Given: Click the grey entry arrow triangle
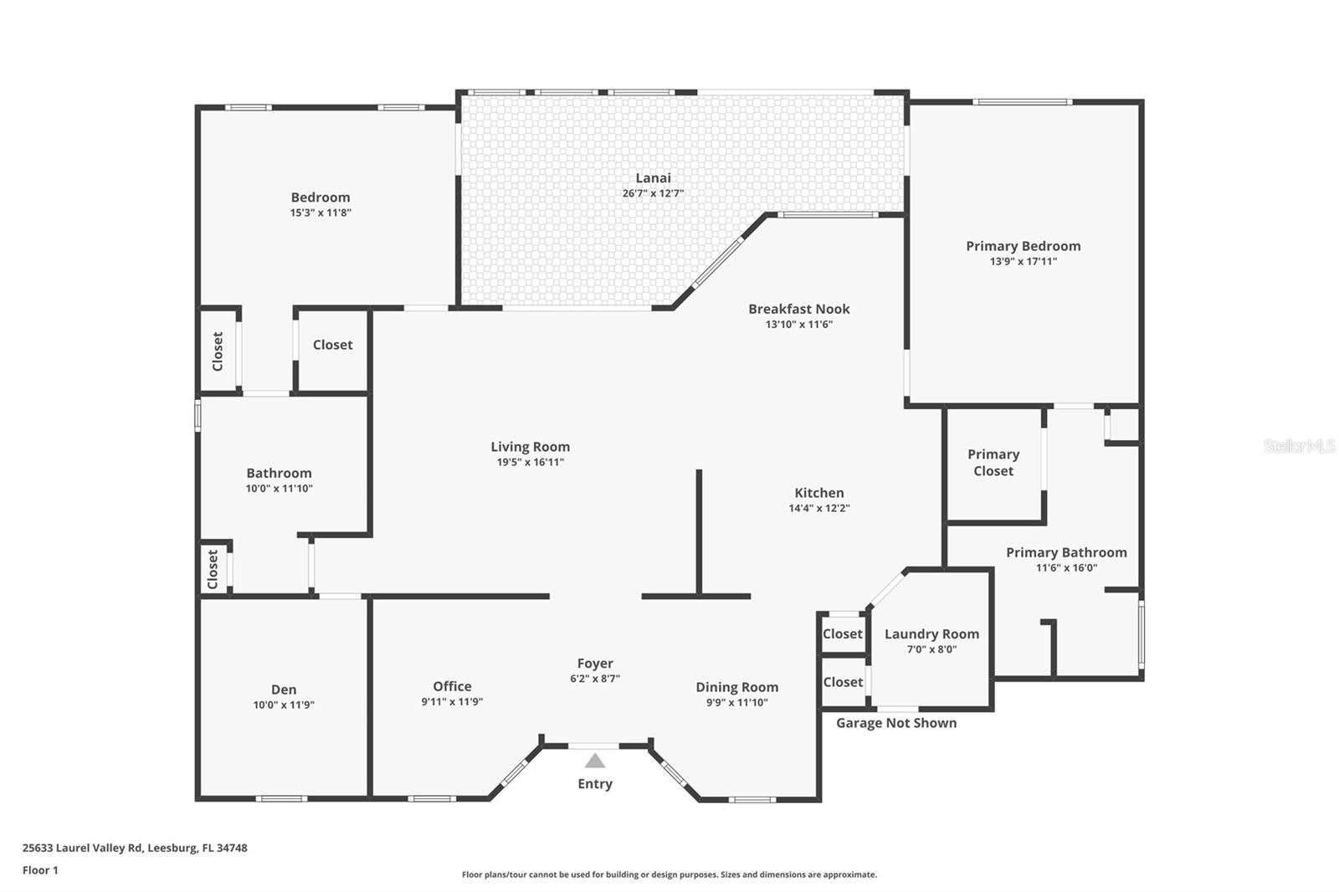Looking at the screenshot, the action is coord(595,761).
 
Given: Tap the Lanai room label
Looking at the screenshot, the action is coord(653,178).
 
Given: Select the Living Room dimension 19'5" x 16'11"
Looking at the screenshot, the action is coord(531,462).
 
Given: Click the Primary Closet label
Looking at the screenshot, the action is coord(993,463).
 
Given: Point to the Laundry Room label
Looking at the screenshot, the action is coord(932,634).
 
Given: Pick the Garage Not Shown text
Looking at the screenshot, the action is coord(896,724).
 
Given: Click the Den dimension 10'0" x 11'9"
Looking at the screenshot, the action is coord(284,705).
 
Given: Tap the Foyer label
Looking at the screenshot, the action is coord(595,664).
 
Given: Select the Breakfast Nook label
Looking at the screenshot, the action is coord(799,309).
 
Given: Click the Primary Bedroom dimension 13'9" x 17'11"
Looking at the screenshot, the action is coord(1023,261).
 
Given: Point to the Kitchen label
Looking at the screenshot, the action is coord(819,493).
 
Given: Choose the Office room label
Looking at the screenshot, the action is coord(452,686).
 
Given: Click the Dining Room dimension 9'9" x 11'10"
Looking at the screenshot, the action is coord(737,703).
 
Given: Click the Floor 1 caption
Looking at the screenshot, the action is coord(41,870).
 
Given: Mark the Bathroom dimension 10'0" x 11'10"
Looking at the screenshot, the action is coord(280,489).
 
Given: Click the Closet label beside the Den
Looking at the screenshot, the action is coord(213,570).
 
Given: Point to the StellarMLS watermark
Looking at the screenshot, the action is coord(1300,446).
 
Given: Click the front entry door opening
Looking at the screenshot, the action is coord(593,746).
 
